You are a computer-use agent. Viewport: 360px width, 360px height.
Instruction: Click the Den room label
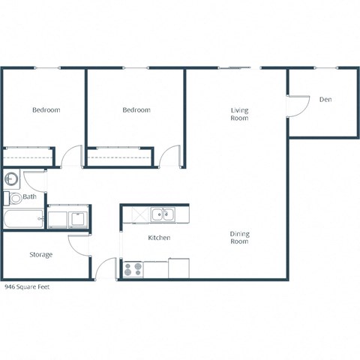(x=325, y=100)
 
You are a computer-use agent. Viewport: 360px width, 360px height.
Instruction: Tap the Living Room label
(x=239, y=115)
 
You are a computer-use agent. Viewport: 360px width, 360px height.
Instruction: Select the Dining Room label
(x=239, y=238)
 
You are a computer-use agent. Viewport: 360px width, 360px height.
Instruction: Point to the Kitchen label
(x=159, y=238)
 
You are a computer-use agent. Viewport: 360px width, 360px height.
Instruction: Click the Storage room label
(x=41, y=255)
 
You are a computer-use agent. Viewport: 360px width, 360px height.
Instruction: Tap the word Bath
(x=30, y=197)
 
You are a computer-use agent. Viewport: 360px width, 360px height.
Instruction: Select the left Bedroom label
(x=46, y=110)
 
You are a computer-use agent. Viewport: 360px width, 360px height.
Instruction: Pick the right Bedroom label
(x=136, y=110)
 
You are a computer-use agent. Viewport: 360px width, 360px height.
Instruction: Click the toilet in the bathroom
(x=14, y=199)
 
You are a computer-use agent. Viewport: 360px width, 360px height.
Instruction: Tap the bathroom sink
(x=11, y=180)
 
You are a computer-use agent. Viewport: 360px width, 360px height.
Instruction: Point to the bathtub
(x=23, y=220)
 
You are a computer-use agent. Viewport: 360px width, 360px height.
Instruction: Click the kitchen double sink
(x=161, y=215)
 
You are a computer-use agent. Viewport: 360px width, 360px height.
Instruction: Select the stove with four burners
(x=133, y=268)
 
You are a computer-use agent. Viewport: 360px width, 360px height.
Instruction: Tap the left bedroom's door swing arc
(x=71, y=155)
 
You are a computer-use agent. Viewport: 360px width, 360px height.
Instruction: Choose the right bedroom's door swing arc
(x=170, y=155)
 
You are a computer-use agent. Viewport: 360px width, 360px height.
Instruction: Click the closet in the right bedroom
(x=120, y=157)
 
